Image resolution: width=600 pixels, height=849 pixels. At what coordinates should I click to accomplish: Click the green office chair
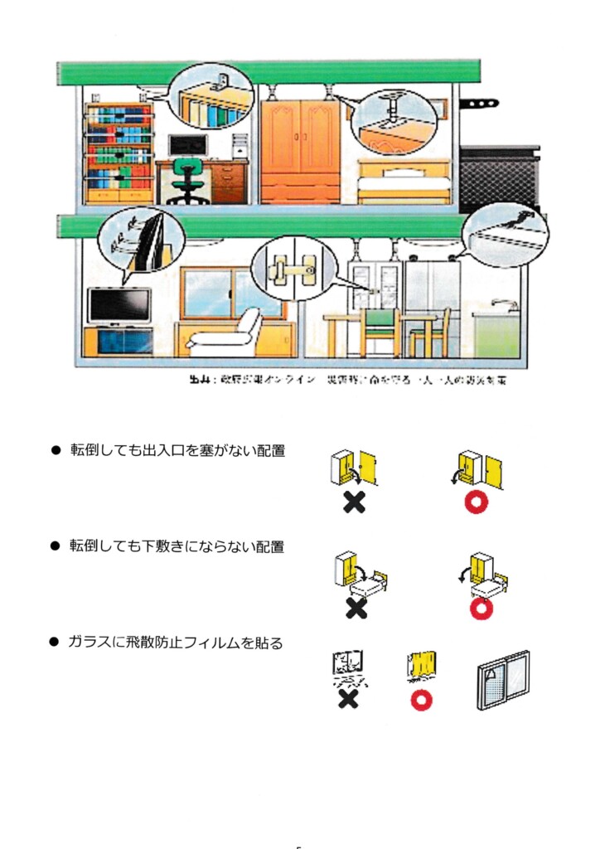click(190, 181)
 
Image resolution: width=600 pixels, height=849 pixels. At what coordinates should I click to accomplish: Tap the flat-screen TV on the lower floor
click(119, 305)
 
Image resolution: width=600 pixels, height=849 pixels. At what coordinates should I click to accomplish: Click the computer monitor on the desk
click(186, 146)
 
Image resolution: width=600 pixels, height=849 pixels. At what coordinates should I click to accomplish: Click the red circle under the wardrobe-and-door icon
click(477, 502)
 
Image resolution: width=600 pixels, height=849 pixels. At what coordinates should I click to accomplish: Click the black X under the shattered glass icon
click(348, 699)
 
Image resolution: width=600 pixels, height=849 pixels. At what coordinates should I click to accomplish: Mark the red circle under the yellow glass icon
click(422, 700)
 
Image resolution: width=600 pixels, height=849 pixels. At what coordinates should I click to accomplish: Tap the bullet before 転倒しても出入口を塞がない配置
click(56, 451)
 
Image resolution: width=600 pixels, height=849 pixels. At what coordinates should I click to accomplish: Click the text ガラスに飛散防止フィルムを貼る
click(177, 643)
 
